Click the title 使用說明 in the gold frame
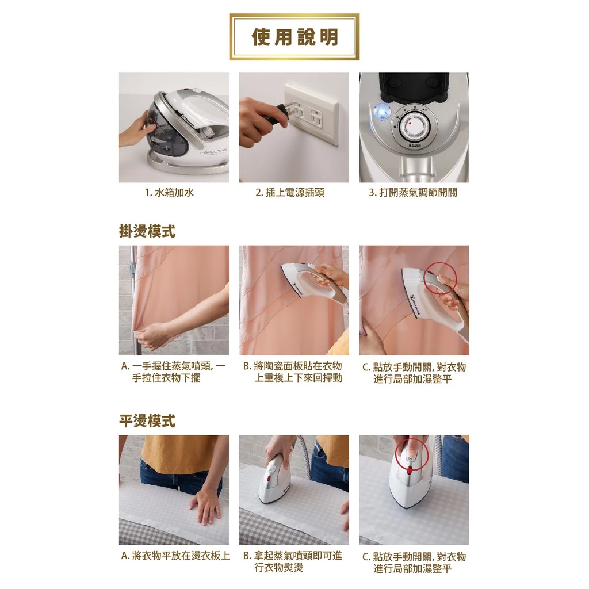click(x=294, y=37)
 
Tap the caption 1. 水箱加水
click(x=169, y=193)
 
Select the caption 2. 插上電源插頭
click(x=290, y=193)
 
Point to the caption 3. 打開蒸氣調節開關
click(x=413, y=193)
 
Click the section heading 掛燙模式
click(x=147, y=231)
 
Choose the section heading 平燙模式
click(x=147, y=420)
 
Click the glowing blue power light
click(x=382, y=112)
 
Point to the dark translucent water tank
click(x=164, y=129)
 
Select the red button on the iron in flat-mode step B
click(x=269, y=479)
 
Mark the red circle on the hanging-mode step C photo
click(x=440, y=279)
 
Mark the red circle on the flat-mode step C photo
click(x=412, y=454)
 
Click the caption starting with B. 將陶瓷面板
click(x=293, y=372)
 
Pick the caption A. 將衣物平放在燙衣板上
click(x=175, y=556)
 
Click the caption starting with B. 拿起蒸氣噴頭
click(x=293, y=561)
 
